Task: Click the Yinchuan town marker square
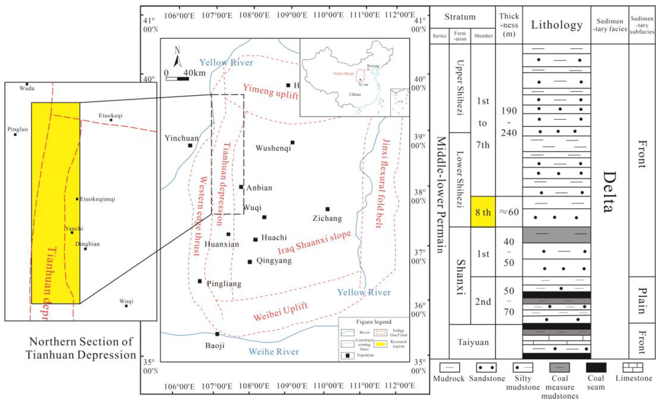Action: click(x=190, y=145)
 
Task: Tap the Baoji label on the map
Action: click(x=215, y=345)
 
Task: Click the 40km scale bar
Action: click(x=177, y=79)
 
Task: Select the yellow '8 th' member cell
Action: click(x=483, y=212)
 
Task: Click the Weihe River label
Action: click(x=273, y=351)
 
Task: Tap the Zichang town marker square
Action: click(x=327, y=209)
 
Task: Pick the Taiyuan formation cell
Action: click(x=473, y=342)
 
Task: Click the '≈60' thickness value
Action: click(x=509, y=212)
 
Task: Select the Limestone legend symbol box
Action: click(x=633, y=368)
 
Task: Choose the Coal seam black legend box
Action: click(x=596, y=368)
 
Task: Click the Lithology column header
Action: click(x=557, y=25)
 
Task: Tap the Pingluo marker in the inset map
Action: click(x=15, y=134)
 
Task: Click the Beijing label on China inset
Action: click(x=373, y=66)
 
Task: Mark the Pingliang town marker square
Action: click(x=200, y=281)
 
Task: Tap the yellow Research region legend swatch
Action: click(x=380, y=344)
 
